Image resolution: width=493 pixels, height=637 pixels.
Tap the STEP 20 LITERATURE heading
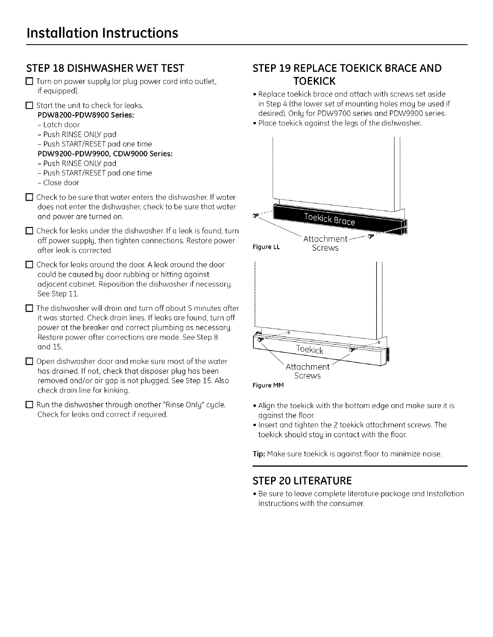302,481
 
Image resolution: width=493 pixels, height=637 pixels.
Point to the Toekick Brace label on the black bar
329,220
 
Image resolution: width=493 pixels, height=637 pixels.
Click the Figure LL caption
266,247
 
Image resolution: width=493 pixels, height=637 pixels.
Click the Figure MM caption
268,386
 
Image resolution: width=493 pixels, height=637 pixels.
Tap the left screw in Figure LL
255,216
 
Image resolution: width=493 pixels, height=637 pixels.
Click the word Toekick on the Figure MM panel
309,349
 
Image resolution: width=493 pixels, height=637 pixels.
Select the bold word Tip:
258,454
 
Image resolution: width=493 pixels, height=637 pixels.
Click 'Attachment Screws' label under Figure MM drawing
308,371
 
